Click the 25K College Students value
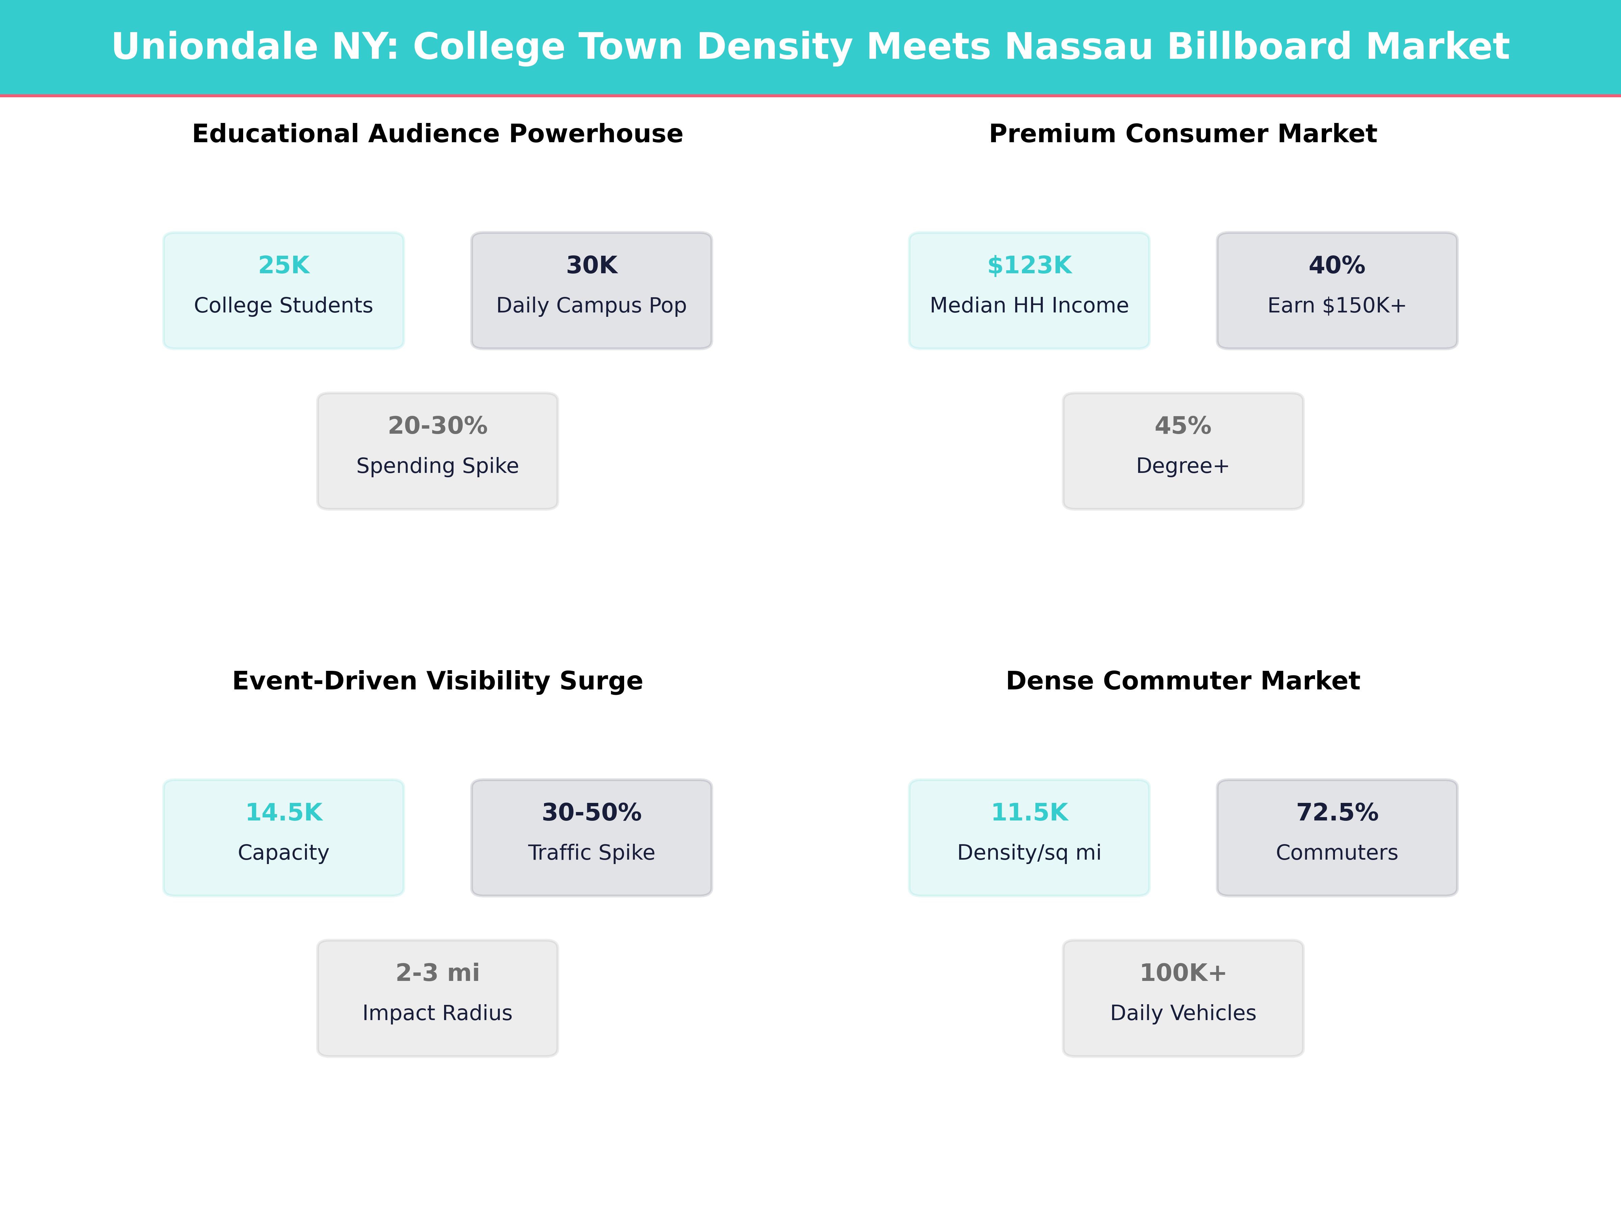(284, 265)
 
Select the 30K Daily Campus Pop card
(591, 290)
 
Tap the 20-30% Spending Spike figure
(437, 426)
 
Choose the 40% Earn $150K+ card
(1337, 290)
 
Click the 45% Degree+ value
(1183, 426)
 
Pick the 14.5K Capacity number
(284, 812)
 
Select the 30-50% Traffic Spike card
(591, 837)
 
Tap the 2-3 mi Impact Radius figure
(437, 973)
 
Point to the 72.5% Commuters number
(1337, 812)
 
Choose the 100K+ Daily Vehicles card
(1183, 997)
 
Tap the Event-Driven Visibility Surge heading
(437, 681)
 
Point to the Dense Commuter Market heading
(1183, 681)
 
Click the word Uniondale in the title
(215, 47)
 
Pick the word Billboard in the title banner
(1258, 47)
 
